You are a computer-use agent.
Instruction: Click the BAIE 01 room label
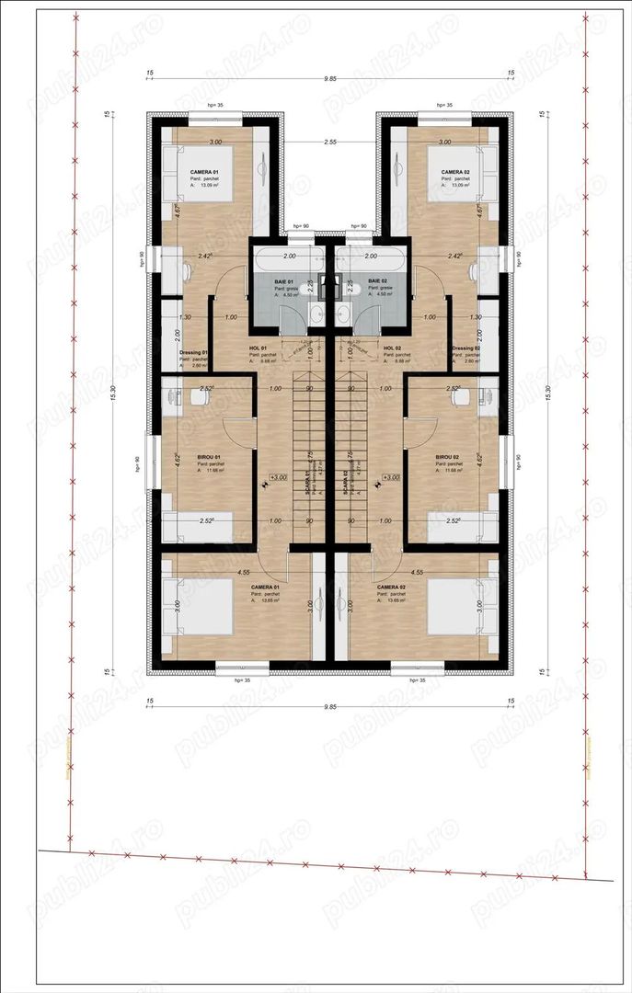coord(283,280)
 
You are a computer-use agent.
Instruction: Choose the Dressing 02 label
coord(465,348)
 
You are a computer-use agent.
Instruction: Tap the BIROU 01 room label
coord(210,457)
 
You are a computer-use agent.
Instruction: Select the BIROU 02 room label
coord(448,457)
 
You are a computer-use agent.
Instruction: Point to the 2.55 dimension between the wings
coord(329,143)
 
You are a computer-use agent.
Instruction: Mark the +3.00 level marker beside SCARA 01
coord(277,478)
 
